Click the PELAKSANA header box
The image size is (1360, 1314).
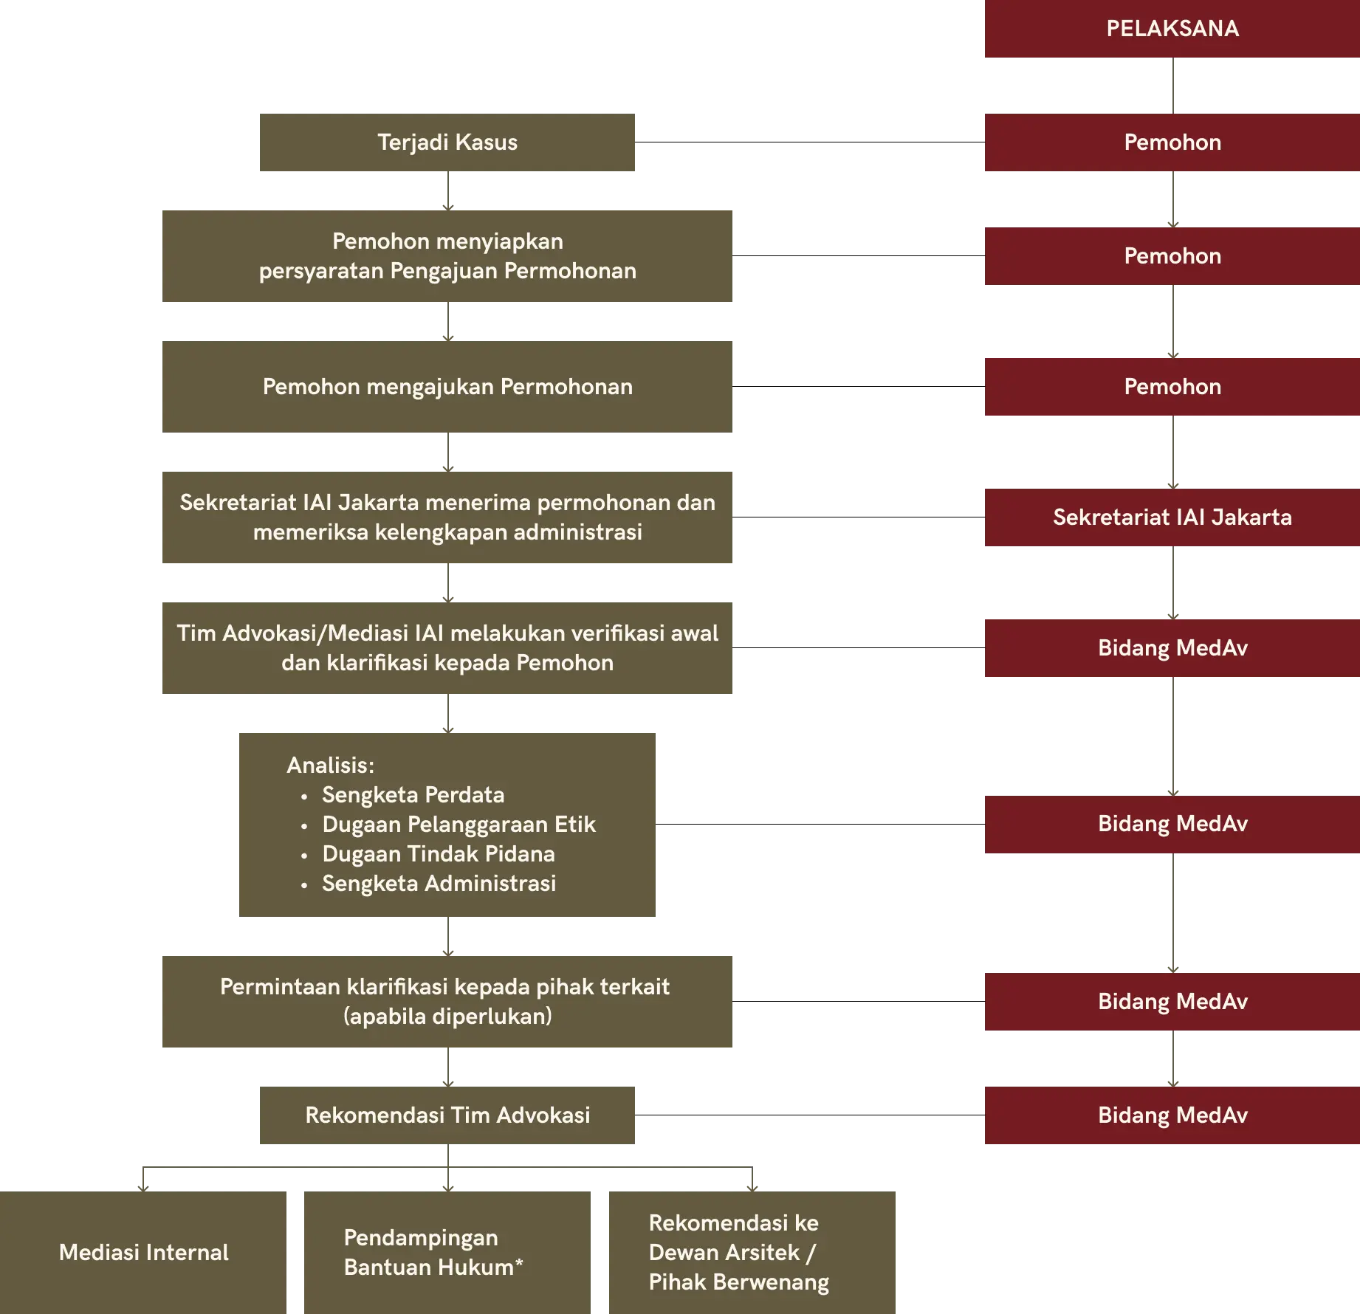click(x=1172, y=29)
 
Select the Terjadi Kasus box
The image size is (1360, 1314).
click(x=447, y=142)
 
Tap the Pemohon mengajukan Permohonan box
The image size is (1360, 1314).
click(x=447, y=387)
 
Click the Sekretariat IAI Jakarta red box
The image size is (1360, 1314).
click(x=1172, y=517)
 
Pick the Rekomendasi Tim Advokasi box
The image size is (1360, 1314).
click(x=447, y=1115)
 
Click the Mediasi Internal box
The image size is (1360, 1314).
click(x=143, y=1253)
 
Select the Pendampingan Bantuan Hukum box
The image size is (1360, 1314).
click(x=447, y=1253)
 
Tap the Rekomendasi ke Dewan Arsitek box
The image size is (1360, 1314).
click(x=752, y=1253)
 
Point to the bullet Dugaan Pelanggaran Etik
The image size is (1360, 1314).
click(x=448, y=825)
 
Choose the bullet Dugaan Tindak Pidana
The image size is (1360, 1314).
click(x=428, y=854)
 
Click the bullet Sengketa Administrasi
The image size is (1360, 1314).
click(x=428, y=884)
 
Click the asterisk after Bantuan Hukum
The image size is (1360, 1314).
click(x=519, y=1263)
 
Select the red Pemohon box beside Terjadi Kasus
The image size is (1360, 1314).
click(x=1172, y=142)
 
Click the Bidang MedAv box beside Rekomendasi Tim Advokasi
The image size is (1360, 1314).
click(x=1172, y=1115)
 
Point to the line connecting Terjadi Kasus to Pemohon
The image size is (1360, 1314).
click(x=810, y=142)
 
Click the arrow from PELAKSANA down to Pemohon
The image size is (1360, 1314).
click(x=1173, y=86)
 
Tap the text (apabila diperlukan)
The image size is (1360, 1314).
click(x=447, y=1017)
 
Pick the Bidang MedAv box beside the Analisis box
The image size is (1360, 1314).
click(x=1172, y=825)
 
